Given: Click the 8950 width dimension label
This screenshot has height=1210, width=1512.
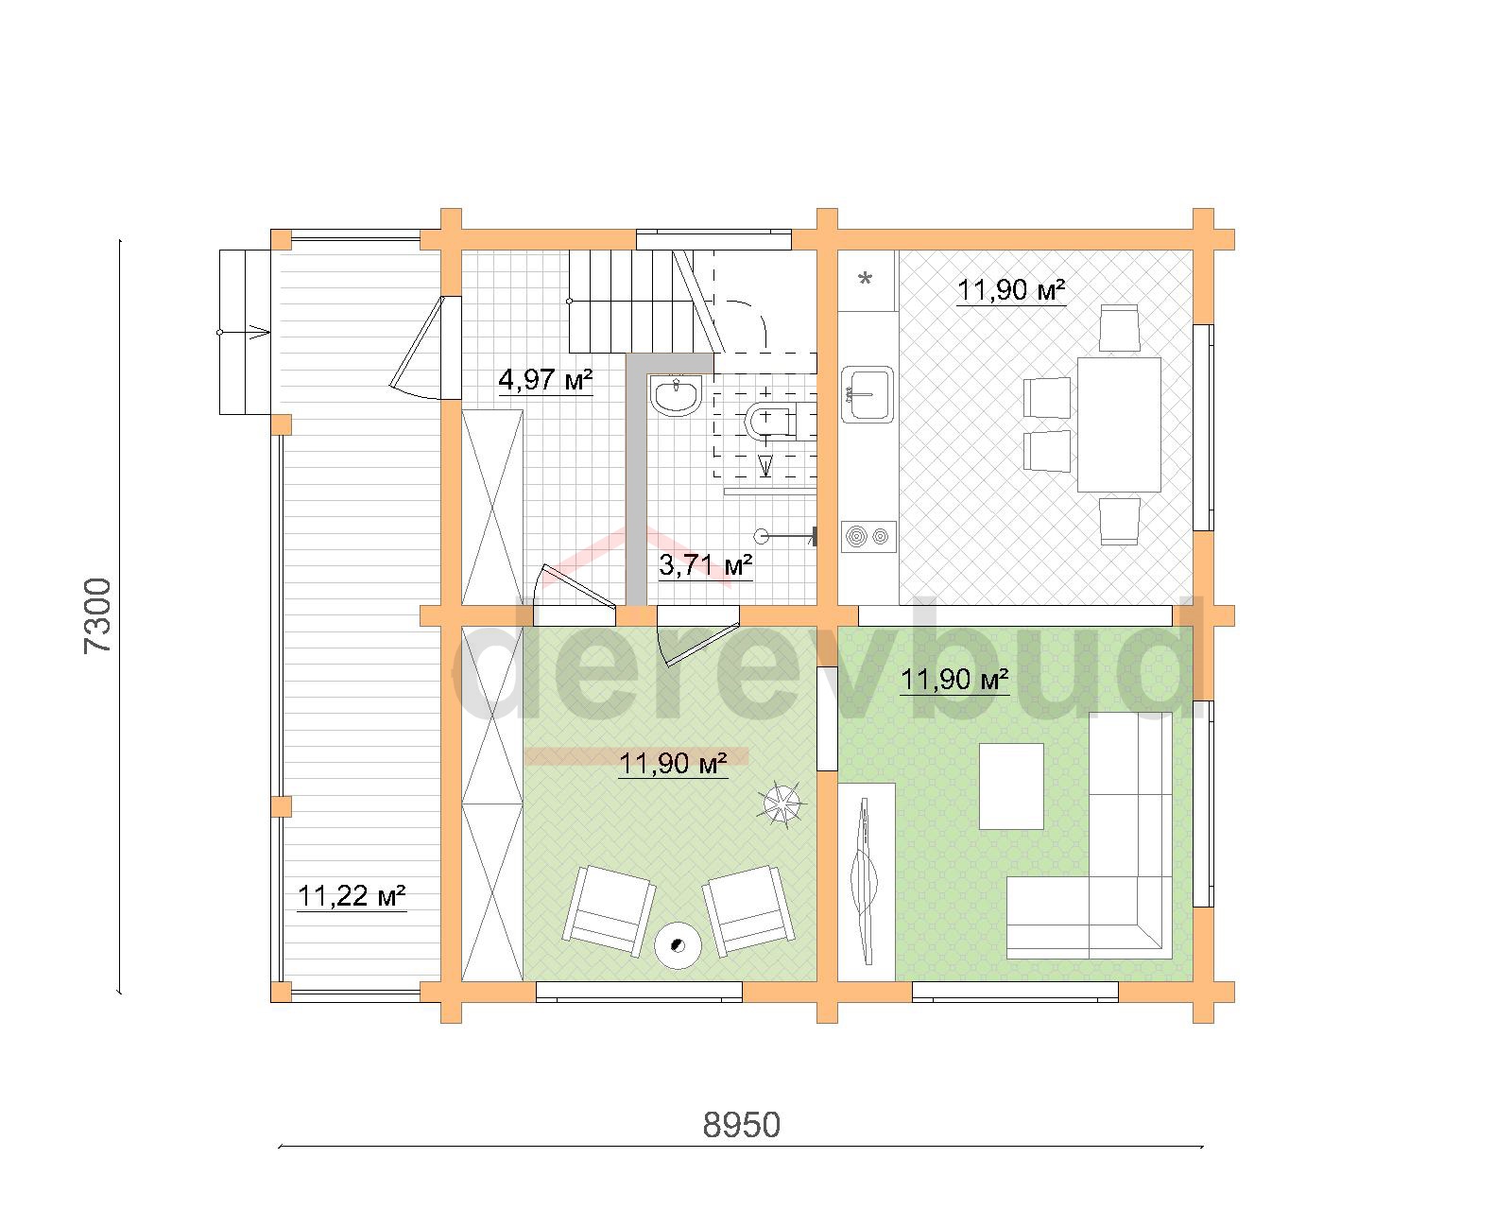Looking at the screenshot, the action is tap(741, 1126).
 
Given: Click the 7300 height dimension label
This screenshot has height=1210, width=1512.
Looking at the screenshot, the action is tap(97, 616).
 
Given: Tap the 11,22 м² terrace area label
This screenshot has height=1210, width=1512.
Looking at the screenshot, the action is tap(352, 896).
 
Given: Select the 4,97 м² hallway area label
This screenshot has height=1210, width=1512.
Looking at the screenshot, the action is tap(545, 380).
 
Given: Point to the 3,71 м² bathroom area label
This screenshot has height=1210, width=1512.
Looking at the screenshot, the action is tap(705, 564).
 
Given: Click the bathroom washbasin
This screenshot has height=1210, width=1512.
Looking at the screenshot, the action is tap(676, 395).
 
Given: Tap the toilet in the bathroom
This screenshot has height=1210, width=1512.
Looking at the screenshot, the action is tap(770, 422).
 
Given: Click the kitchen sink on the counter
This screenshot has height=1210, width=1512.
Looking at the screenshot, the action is tap(867, 394).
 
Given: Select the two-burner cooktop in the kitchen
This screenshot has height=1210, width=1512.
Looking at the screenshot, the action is tap(868, 537).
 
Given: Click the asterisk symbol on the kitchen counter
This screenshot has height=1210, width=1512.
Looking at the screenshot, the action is tap(866, 279).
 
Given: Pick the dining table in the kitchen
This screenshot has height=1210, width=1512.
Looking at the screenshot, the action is tap(1119, 423).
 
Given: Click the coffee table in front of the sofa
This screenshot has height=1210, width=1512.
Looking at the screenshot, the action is tap(1011, 786).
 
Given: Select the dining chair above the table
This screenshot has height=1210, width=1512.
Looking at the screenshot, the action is tap(1119, 328).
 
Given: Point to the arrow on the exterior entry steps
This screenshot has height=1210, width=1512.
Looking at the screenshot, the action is tap(244, 332).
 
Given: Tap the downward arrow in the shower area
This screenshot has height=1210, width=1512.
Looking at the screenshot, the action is tap(765, 465).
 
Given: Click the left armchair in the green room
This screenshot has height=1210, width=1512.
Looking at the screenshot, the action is tap(610, 911).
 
